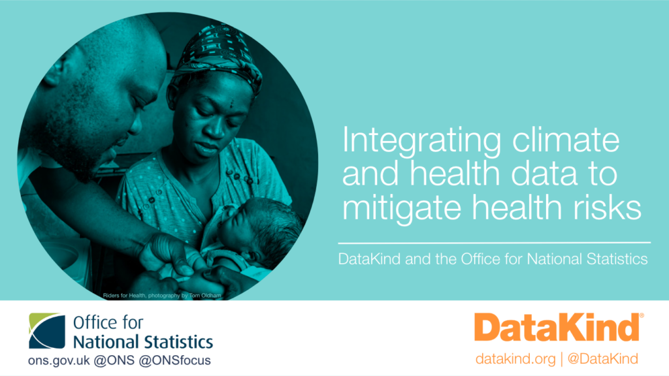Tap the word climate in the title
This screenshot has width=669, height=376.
click(x=566, y=140)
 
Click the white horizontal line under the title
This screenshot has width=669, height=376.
click(x=495, y=243)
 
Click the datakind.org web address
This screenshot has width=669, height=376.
click(x=515, y=359)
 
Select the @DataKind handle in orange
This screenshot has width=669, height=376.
click(x=602, y=358)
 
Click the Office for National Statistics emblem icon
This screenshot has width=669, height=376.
click(x=47, y=331)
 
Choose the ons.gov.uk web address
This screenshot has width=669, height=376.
click(x=59, y=360)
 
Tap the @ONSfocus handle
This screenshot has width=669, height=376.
click(x=175, y=360)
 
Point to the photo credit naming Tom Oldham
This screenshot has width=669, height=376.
click(x=162, y=296)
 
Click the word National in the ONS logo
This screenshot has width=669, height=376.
click(x=106, y=342)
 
